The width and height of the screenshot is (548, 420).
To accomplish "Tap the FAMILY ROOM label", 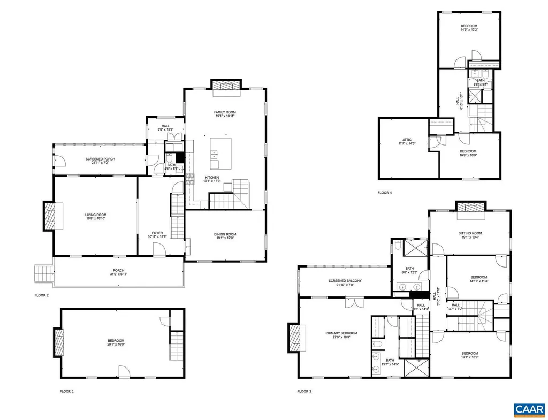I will (225, 112).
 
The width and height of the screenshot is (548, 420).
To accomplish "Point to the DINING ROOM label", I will (225, 234).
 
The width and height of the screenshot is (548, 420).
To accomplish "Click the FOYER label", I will (157, 233).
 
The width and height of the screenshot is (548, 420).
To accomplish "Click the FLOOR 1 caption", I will (67, 391).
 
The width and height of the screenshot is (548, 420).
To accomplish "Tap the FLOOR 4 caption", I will (385, 193).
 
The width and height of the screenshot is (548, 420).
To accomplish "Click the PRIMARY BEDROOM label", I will (341, 333).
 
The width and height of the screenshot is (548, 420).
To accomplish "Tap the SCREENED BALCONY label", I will (345, 281).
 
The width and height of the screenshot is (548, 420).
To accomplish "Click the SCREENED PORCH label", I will (100, 159).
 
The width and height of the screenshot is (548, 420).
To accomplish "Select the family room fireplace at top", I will (225, 87).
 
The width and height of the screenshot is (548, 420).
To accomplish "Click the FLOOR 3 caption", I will (305, 391).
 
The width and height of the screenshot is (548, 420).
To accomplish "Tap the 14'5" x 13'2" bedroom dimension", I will (469, 30).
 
